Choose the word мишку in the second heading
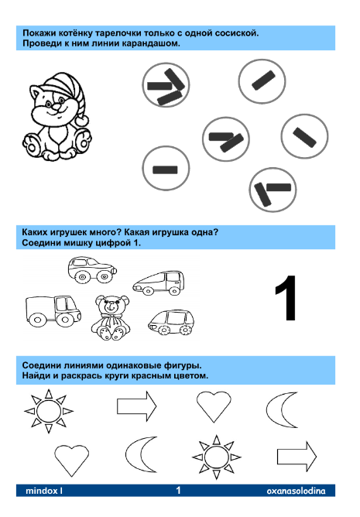click(x=84, y=243)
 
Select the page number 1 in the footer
click(x=178, y=490)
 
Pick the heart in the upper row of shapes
click(x=212, y=405)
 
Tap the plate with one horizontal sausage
click(x=166, y=169)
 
